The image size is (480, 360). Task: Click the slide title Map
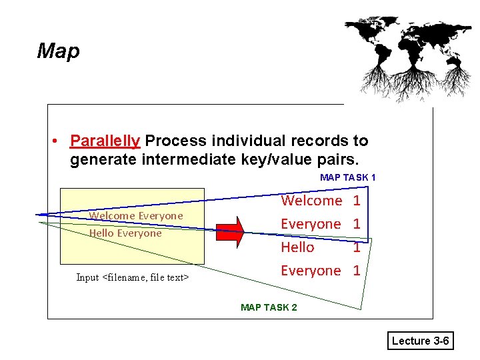pos(59,51)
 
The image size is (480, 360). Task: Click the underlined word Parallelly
pos(105,141)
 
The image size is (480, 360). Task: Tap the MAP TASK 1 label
pos(347,177)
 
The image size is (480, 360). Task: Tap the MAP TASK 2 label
pos(269,307)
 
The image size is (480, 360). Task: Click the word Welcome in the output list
pos(311,201)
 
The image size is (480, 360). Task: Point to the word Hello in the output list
pos(297,247)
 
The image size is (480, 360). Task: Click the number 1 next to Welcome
pos(357,201)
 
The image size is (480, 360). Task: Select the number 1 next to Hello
pos(357,247)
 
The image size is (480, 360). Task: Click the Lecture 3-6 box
pos(420,341)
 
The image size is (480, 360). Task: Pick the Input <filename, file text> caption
pos(133,277)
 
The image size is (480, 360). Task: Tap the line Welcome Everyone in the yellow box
pos(136,216)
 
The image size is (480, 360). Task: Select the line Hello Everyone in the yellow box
pos(125,233)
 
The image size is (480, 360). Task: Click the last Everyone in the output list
pos(311,271)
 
